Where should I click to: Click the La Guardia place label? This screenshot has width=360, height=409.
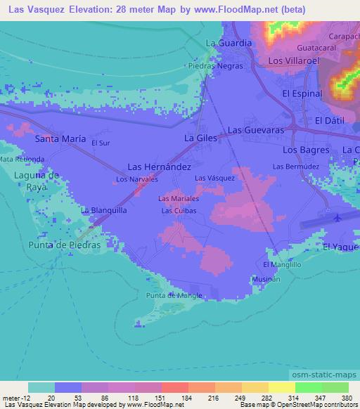pyautogui.click(x=229, y=43)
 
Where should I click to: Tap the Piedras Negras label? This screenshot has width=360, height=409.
pyautogui.click(x=216, y=65)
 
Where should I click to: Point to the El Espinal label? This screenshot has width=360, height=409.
pyautogui.click(x=302, y=93)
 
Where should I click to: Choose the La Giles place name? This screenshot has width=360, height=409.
pyautogui.click(x=200, y=138)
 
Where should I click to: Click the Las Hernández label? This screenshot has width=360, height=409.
pyautogui.click(x=159, y=167)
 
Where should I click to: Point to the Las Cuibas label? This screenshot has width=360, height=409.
pyautogui.click(x=177, y=210)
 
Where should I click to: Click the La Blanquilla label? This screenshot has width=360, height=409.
pyautogui.click(x=104, y=209)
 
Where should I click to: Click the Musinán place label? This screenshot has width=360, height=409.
pyautogui.click(x=266, y=279)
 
